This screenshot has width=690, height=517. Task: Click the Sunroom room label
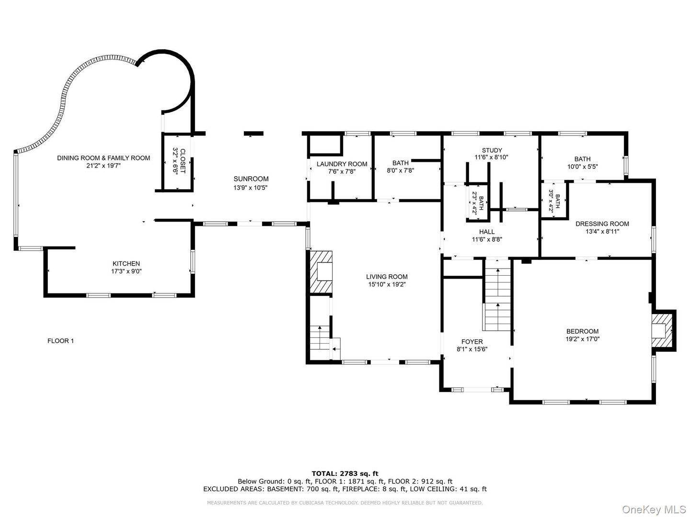pyautogui.click(x=251, y=179)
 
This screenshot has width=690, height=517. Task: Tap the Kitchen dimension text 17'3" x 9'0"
pyautogui.click(x=126, y=271)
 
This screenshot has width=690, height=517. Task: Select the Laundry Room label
pyautogui.click(x=342, y=164)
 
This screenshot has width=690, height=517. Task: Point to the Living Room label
pyautogui.click(x=387, y=277)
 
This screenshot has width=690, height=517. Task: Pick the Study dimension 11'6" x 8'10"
pyautogui.click(x=491, y=157)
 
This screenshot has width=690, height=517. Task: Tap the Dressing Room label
pyautogui.click(x=602, y=224)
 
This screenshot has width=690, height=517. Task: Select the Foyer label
pyautogui.click(x=472, y=342)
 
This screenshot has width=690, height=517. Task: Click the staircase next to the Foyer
pyautogui.click(x=498, y=299)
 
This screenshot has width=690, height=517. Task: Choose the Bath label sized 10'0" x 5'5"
pyautogui.click(x=582, y=159)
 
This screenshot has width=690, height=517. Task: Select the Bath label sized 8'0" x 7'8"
pyautogui.click(x=400, y=163)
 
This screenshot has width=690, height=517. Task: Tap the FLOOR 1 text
pyautogui.click(x=60, y=341)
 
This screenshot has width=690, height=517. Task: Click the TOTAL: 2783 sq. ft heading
pyautogui.click(x=345, y=473)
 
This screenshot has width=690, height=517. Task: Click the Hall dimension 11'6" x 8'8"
pyautogui.click(x=487, y=239)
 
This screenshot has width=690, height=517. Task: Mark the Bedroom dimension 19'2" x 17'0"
pyautogui.click(x=582, y=339)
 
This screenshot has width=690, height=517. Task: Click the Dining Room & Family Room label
pyautogui.click(x=103, y=158)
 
